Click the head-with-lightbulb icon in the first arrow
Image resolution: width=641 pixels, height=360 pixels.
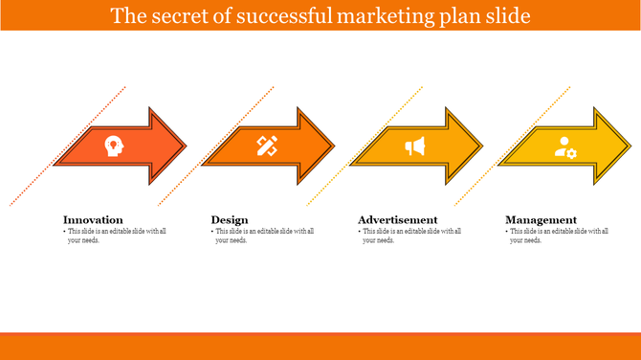coord(115,146)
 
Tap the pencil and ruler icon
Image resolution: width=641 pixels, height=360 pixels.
coord(266,146)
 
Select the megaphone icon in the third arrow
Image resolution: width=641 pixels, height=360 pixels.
coord(414,146)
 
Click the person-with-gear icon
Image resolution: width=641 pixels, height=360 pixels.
coord(565,147)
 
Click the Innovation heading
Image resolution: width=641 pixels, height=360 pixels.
coord(93,219)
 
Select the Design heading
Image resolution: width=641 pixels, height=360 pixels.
coord(230,219)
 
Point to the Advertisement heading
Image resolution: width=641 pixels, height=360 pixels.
coord(397,219)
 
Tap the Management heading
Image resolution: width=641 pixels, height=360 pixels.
coord(541,219)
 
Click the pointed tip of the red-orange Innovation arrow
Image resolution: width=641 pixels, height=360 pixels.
coord(185,146)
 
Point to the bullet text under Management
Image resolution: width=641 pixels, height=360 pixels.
coord(559,236)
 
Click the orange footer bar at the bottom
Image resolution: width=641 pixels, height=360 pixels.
coord(320,346)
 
